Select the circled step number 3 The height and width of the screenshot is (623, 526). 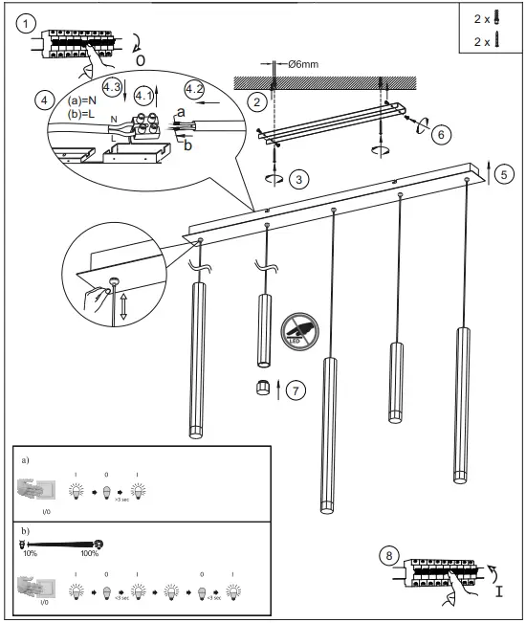pos(300,179)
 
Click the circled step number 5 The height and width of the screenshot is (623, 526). pos(504,174)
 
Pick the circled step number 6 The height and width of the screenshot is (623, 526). pos(441,135)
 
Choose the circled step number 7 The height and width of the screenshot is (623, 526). pos(297,390)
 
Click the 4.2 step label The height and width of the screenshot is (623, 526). pos(194,89)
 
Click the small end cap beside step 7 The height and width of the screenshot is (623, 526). pos(262,389)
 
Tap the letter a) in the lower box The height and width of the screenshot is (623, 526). pos(25,459)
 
